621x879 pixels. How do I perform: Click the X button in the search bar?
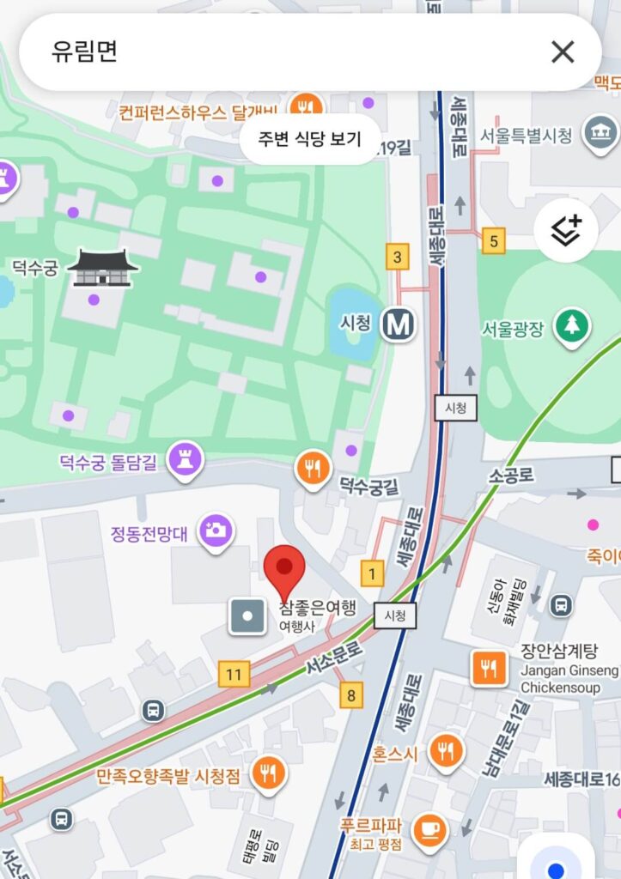tap(563, 52)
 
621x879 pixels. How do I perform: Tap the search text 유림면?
tap(84, 52)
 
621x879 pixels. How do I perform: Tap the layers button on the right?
tap(566, 230)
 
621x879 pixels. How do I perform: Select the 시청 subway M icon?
tap(399, 324)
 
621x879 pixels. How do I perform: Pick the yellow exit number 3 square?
tap(397, 257)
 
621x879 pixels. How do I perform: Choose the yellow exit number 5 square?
tap(493, 240)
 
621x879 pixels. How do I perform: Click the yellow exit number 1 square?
tap(372, 573)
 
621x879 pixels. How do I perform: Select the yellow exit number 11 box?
tap(234, 674)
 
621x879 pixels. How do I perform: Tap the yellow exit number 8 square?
tap(350, 694)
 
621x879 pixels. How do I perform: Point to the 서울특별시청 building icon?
tap(600, 133)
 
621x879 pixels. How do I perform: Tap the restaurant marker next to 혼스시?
tap(446, 751)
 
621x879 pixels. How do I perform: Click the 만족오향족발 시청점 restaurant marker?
tap(269, 772)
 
